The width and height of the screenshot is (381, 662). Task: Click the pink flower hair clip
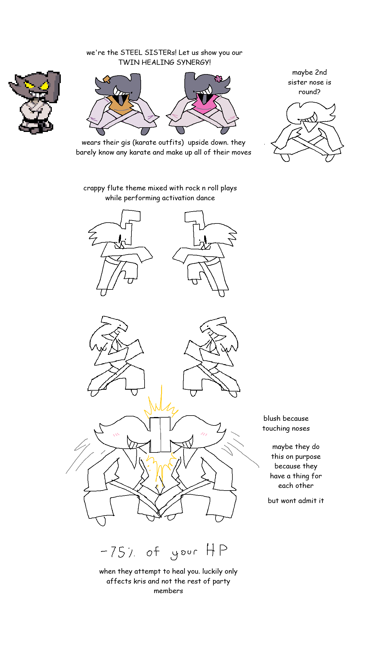218,78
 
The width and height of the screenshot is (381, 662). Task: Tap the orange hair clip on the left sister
107,79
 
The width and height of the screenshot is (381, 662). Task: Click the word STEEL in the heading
131,53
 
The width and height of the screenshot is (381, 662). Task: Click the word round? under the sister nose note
309,92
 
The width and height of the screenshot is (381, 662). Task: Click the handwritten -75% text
118,552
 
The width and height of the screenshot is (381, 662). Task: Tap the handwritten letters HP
217,550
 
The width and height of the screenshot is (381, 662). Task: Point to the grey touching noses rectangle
160,435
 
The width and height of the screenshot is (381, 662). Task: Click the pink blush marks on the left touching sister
116,435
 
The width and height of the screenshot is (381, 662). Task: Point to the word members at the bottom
168,591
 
